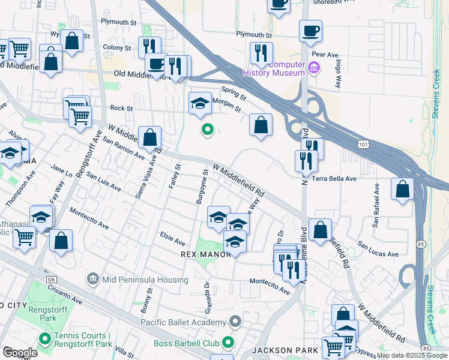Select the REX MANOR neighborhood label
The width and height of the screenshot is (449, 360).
tap(206, 255)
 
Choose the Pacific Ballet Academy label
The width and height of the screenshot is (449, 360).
tap(183, 322)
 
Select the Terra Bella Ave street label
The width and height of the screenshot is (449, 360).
tap(335, 179)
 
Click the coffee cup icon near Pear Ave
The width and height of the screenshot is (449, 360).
tap(310, 31)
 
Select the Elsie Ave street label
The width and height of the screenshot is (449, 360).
tap(172, 242)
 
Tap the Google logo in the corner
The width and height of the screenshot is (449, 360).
tap(20, 352)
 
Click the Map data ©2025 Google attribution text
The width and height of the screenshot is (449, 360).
tap(412, 355)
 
